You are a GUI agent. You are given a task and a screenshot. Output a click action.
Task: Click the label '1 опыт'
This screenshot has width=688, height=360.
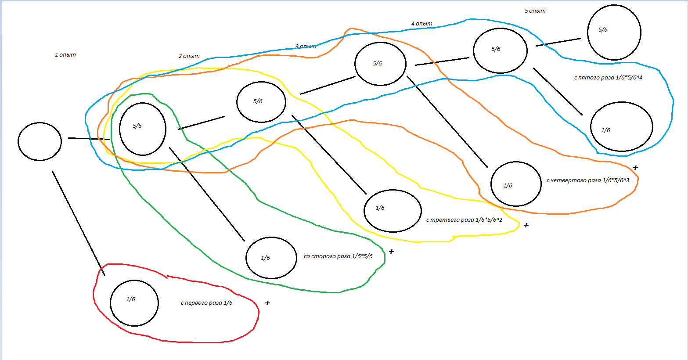[65, 55]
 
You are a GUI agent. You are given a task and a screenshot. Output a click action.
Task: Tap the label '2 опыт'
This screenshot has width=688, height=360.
[189, 56]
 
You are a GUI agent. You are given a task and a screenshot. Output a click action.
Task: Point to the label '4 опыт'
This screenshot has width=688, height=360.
[422, 24]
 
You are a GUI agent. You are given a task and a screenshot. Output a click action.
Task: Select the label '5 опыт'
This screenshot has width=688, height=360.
[535, 11]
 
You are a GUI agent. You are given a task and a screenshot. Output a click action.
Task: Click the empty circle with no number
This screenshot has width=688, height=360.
[40, 141]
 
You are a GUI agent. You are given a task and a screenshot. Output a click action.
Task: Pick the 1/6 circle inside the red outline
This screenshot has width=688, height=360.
[134, 303]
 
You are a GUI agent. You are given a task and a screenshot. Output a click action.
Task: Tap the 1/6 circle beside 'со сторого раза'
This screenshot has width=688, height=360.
[271, 258]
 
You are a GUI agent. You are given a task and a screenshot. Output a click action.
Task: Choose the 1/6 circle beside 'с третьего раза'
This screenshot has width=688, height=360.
[393, 211]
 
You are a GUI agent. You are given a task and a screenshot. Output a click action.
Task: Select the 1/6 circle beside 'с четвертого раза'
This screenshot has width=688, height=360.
[516, 184]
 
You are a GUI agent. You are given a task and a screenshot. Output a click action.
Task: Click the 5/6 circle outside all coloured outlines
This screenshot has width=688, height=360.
[614, 32]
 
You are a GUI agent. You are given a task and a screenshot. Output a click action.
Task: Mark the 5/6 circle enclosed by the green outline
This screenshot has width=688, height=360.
[142, 129]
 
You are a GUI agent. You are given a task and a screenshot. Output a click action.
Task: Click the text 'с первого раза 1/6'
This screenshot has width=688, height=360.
[207, 303]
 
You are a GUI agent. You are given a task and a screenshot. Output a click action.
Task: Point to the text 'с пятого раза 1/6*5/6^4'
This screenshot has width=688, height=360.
[608, 78]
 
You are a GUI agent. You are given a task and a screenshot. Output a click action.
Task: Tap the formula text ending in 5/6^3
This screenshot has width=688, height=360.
[588, 180]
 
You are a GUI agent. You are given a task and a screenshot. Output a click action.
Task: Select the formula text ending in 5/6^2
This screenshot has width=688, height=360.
[464, 220]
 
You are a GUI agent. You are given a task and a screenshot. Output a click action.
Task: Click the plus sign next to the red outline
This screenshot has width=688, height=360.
[267, 303]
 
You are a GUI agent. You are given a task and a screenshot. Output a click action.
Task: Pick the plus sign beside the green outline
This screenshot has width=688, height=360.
[391, 252]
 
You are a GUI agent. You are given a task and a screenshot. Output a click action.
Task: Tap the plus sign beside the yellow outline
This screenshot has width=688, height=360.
[526, 225]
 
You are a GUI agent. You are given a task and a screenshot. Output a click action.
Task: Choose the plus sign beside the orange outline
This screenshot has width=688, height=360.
[635, 168]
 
